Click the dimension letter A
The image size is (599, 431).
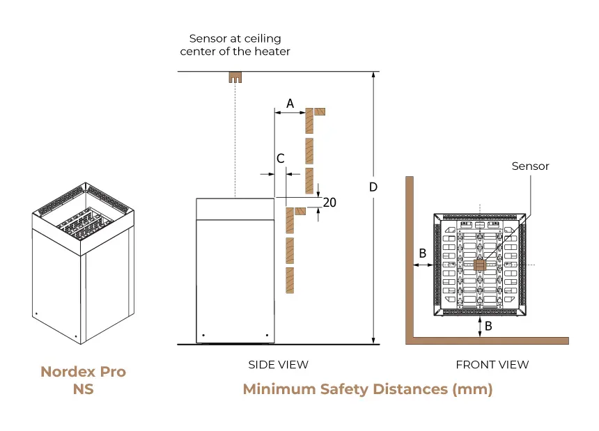click(x=290, y=103)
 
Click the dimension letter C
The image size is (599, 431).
click(x=281, y=159)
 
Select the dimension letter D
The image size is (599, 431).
click(x=373, y=187)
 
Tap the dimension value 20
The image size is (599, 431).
click(x=330, y=203)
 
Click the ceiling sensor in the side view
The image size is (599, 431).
click(x=235, y=77)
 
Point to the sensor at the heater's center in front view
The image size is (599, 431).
click(x=479, y=265)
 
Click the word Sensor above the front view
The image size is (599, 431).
click(x=530, y=166)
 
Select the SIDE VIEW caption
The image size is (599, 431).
click(x=278, y=364)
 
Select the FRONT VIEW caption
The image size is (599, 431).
click(x=492, y=364)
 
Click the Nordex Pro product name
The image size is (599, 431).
click(x=83, y=372)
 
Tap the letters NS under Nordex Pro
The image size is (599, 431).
click(x=83, y=389)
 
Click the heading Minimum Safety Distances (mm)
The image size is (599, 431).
click(x=367, y=389)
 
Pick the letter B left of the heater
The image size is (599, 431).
click(x=421, y=253)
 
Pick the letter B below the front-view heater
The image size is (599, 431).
click(x=488, y=325)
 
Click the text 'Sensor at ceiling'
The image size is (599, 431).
click(x=235, y=39)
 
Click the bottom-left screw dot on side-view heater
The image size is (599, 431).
click(x=203, y=336)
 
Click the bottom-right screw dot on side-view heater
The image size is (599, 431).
click(x=267, y=336)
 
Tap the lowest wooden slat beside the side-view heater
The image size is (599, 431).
click(x=290, y=280)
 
